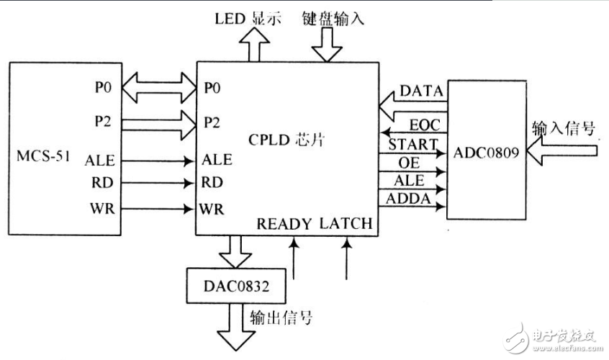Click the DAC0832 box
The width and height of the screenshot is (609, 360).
pos(235,285)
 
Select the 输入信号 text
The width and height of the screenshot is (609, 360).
pos(564,129)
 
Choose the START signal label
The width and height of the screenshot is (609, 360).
pos(412,144)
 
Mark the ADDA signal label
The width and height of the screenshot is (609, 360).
pos(408,198)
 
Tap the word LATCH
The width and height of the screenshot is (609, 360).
pos(347,224)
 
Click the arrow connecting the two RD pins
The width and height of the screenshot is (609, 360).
pos(159,184)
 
